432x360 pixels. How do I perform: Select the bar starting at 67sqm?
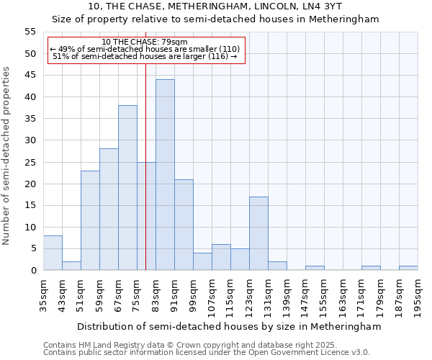127,188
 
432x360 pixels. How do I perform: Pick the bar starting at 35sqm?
53,253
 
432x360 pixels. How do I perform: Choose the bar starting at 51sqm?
90,220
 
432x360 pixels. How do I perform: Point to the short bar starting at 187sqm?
408,268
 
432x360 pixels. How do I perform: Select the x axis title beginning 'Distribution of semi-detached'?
229,326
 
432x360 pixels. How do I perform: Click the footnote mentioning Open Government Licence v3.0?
207,353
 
